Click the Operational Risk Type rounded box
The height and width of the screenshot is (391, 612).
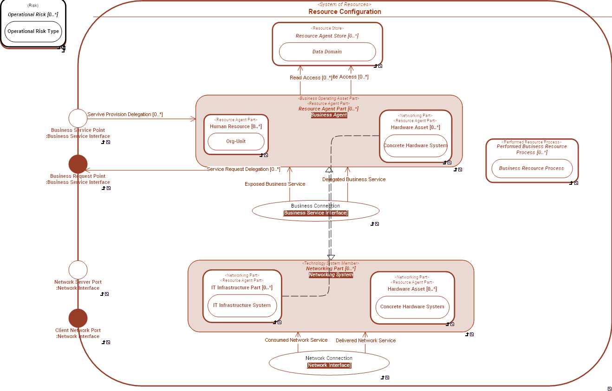(33, 32)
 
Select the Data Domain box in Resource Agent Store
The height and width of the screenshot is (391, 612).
(327, 52)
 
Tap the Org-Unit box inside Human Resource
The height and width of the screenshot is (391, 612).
(236, 142)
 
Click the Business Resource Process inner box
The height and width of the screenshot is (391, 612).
(532, 169)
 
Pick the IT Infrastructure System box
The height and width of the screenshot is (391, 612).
(242, 306)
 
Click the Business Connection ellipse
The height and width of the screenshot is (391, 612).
(315, 210)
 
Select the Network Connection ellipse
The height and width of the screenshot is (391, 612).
(329, 362)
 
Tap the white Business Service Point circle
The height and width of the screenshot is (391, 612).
(78, 118)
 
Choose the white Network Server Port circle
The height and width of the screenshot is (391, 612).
(78, 270)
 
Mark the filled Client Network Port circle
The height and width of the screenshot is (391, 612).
(78, 318)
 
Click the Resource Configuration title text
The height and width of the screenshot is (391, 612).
(345, 12)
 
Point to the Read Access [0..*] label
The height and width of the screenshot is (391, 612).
(311, 78)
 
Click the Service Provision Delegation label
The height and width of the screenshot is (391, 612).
(125, 114)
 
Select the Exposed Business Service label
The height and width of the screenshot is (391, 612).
(275, 184)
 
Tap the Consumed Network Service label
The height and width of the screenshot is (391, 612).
(296, 340)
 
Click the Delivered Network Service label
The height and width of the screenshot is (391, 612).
(365, 340)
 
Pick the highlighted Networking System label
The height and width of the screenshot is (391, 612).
(331, 275)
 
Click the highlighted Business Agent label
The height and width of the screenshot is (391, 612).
(329, 115)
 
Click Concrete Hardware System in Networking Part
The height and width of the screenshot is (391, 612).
(412, 307)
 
